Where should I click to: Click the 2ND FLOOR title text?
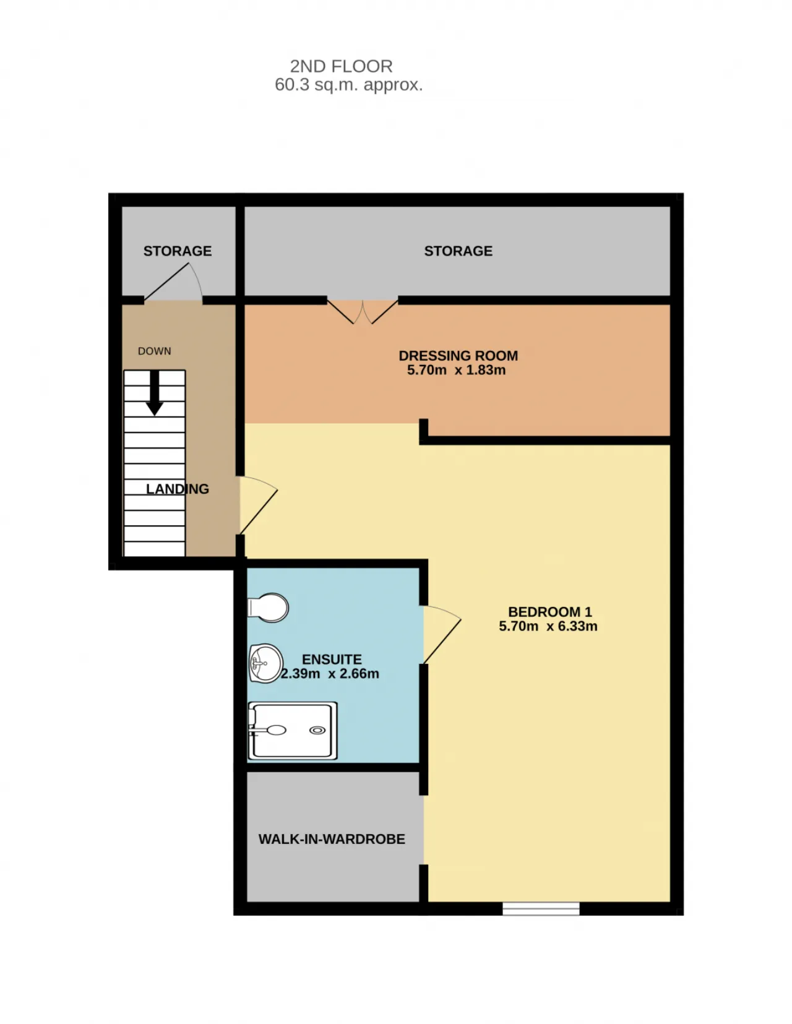click(x=341, y=66)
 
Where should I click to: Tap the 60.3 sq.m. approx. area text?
click(x=348, y=85)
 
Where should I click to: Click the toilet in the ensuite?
click(x=268, y=608)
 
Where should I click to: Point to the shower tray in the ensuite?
click(x=293, y=731)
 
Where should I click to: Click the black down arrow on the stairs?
click(x=155, y=393)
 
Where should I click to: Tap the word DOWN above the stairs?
click(x=154, y=351)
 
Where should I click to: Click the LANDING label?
click(x=177, y=489)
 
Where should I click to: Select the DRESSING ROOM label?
click(x=458, y=356)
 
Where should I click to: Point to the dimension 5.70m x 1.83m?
click(x=456, y=370)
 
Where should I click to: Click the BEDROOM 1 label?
click(x=550, y=612)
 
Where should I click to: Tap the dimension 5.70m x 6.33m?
click(x=548, y=626)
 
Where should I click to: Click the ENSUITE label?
click(x=332, y=660)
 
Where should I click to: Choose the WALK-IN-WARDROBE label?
click(x=332, y=839)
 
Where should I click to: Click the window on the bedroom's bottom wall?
click(x=541, y=909)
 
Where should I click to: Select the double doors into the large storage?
click(x=363, y=312)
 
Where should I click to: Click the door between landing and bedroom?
click(x=257, y=506)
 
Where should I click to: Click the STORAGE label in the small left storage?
click(x=177, y=251)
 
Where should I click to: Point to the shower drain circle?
click(x=317, y=731)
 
